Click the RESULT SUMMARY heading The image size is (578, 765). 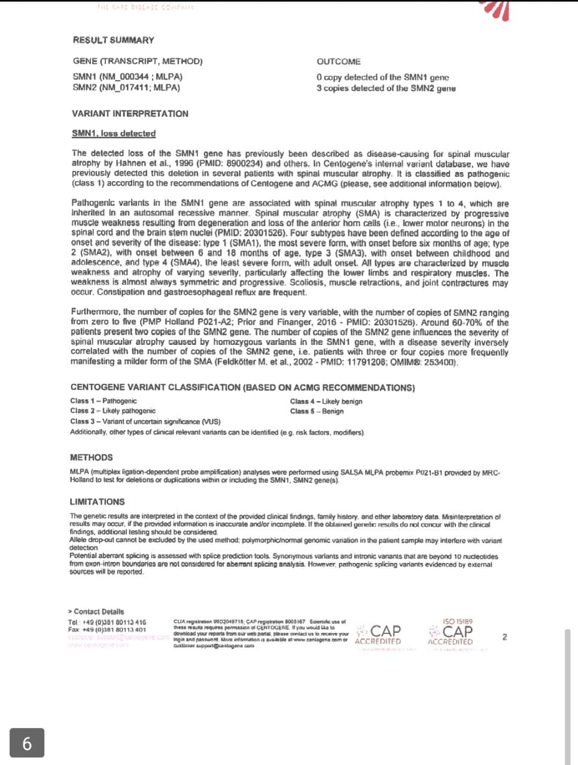114,40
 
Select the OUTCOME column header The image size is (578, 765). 339,62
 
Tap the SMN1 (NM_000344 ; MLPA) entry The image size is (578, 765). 127,76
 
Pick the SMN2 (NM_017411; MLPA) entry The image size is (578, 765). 126,87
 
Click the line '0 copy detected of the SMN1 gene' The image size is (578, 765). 382,77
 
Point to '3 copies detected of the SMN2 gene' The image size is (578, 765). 386,88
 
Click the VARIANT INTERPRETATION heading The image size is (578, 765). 130,114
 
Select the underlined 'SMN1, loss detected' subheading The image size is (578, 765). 114,133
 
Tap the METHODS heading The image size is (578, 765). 91,457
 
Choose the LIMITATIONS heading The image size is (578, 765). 97,501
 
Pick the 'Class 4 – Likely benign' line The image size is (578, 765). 326,402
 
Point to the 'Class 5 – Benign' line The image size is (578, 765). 317,411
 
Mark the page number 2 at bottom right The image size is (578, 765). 504,637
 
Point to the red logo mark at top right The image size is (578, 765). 496,9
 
